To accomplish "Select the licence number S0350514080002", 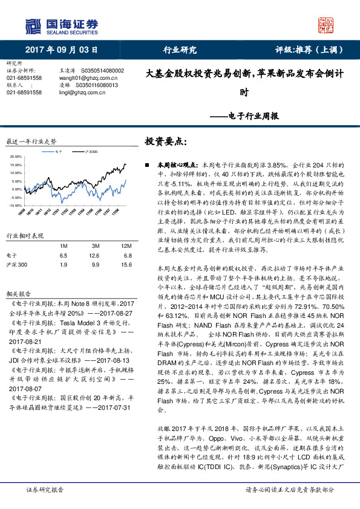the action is coord(100,71).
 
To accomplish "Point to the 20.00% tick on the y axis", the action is coord(16,157).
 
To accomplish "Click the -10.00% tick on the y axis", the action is coord(16,189).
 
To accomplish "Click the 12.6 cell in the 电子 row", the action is coord(94,239).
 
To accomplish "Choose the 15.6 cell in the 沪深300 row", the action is coord(126,247).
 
